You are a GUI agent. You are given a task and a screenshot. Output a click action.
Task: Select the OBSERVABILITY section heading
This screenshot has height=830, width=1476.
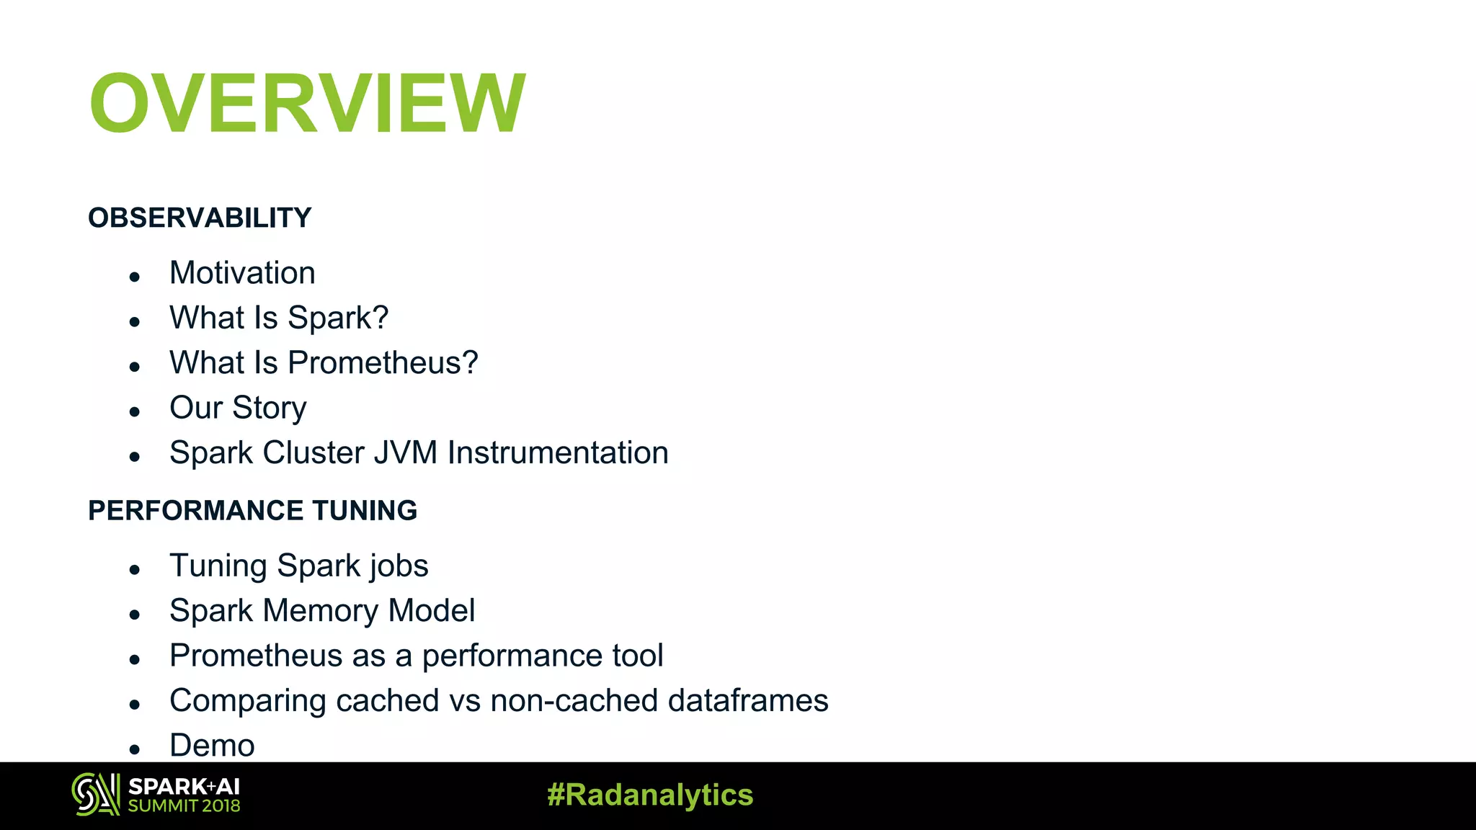[x=200, y=218]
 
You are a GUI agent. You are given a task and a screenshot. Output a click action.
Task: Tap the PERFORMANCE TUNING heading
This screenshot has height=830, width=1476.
[x=252, y=510]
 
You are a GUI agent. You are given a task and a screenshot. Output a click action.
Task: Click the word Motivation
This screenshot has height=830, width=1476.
[x=242, y=273]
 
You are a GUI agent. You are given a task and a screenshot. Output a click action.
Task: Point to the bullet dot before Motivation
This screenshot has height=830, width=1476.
[x=134, y=277]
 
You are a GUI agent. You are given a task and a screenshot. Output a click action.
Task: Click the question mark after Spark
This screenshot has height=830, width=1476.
[x=380, y=318]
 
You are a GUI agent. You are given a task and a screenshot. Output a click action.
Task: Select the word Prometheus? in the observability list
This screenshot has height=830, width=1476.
[x=383, y=362]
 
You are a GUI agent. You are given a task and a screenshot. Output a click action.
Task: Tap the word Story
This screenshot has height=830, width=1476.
[x=270, y=409]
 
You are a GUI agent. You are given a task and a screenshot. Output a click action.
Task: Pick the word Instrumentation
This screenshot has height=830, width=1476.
[x=558, y=453]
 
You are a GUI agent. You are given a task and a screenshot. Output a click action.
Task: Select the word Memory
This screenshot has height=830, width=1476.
[x=321, y=611]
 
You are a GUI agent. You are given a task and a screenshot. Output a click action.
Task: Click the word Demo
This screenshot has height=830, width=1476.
[x=212, y=746]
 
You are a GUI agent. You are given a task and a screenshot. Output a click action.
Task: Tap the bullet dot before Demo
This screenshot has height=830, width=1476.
[x=134, y=749]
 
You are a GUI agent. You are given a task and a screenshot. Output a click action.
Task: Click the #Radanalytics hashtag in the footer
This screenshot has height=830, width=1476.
[x=649, y=795]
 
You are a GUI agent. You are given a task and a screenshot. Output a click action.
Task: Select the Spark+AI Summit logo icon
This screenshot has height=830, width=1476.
[x=95, y=795]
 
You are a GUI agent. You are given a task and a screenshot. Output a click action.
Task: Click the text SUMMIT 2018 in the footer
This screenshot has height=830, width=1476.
[x=184, y=806]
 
